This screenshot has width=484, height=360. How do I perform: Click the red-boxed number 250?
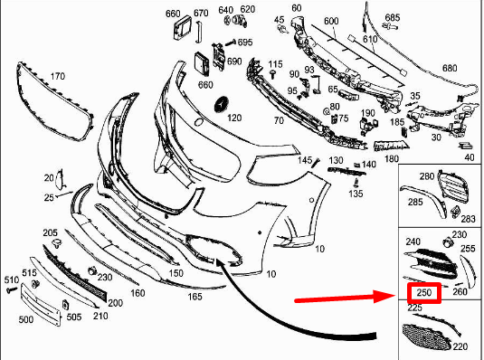(424, 293)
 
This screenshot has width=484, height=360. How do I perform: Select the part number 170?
(56, 76)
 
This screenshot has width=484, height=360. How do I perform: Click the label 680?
(450, 68)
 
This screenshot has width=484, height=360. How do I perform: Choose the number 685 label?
(391, 18)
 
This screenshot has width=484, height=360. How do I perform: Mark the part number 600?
(330, 21)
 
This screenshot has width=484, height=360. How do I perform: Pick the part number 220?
(460, 346)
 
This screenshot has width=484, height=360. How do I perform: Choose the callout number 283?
(469, 219)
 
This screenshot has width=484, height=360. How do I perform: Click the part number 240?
(413, 242)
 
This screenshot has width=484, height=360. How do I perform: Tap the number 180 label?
(391, 158)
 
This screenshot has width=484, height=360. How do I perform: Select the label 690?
(234, 62)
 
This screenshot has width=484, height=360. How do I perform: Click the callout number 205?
(50, 232)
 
